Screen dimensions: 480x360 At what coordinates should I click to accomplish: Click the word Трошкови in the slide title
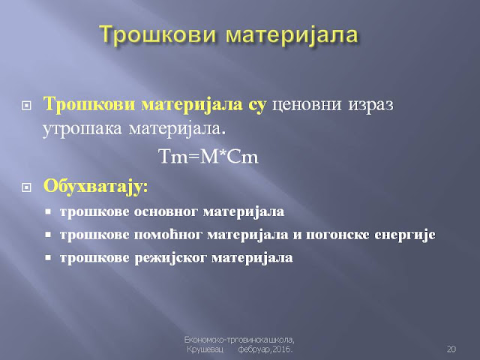[157, 34]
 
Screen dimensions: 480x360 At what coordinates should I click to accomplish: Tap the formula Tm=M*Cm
[209, 157]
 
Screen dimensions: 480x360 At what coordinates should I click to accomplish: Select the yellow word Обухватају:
[95, 186]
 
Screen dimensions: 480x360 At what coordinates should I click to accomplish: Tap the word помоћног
[168, 235]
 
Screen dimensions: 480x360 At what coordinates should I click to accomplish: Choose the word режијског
[171, 258]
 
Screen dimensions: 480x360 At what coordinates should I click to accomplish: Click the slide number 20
[451, 349]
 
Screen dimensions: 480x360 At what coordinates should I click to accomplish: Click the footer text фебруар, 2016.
[265, 349]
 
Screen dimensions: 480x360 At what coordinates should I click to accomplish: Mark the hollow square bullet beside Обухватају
[27, 187]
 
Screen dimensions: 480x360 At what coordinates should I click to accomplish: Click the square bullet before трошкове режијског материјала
[48, 258]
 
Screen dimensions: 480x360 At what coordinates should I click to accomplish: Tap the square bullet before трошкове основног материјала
[48, 211]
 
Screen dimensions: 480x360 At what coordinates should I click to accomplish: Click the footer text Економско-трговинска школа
[239, 340]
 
